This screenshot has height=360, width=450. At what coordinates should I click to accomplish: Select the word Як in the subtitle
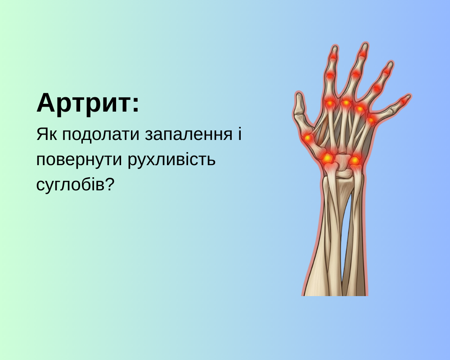point(45,135)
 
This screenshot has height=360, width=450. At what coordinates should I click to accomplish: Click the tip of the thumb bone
point(298,98)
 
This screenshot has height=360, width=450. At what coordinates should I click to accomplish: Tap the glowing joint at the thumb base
point(308,138)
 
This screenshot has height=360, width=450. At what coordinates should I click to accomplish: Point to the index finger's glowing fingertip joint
point(333,56)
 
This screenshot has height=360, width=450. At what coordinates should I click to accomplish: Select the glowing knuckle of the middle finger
point(346,103)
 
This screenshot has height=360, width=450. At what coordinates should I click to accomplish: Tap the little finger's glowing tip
point(404,101)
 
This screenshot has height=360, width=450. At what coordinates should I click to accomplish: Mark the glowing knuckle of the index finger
point(330,103)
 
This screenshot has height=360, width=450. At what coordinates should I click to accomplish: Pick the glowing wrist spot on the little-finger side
point(355,160)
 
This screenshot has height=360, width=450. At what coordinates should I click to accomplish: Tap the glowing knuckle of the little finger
point(371,120)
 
